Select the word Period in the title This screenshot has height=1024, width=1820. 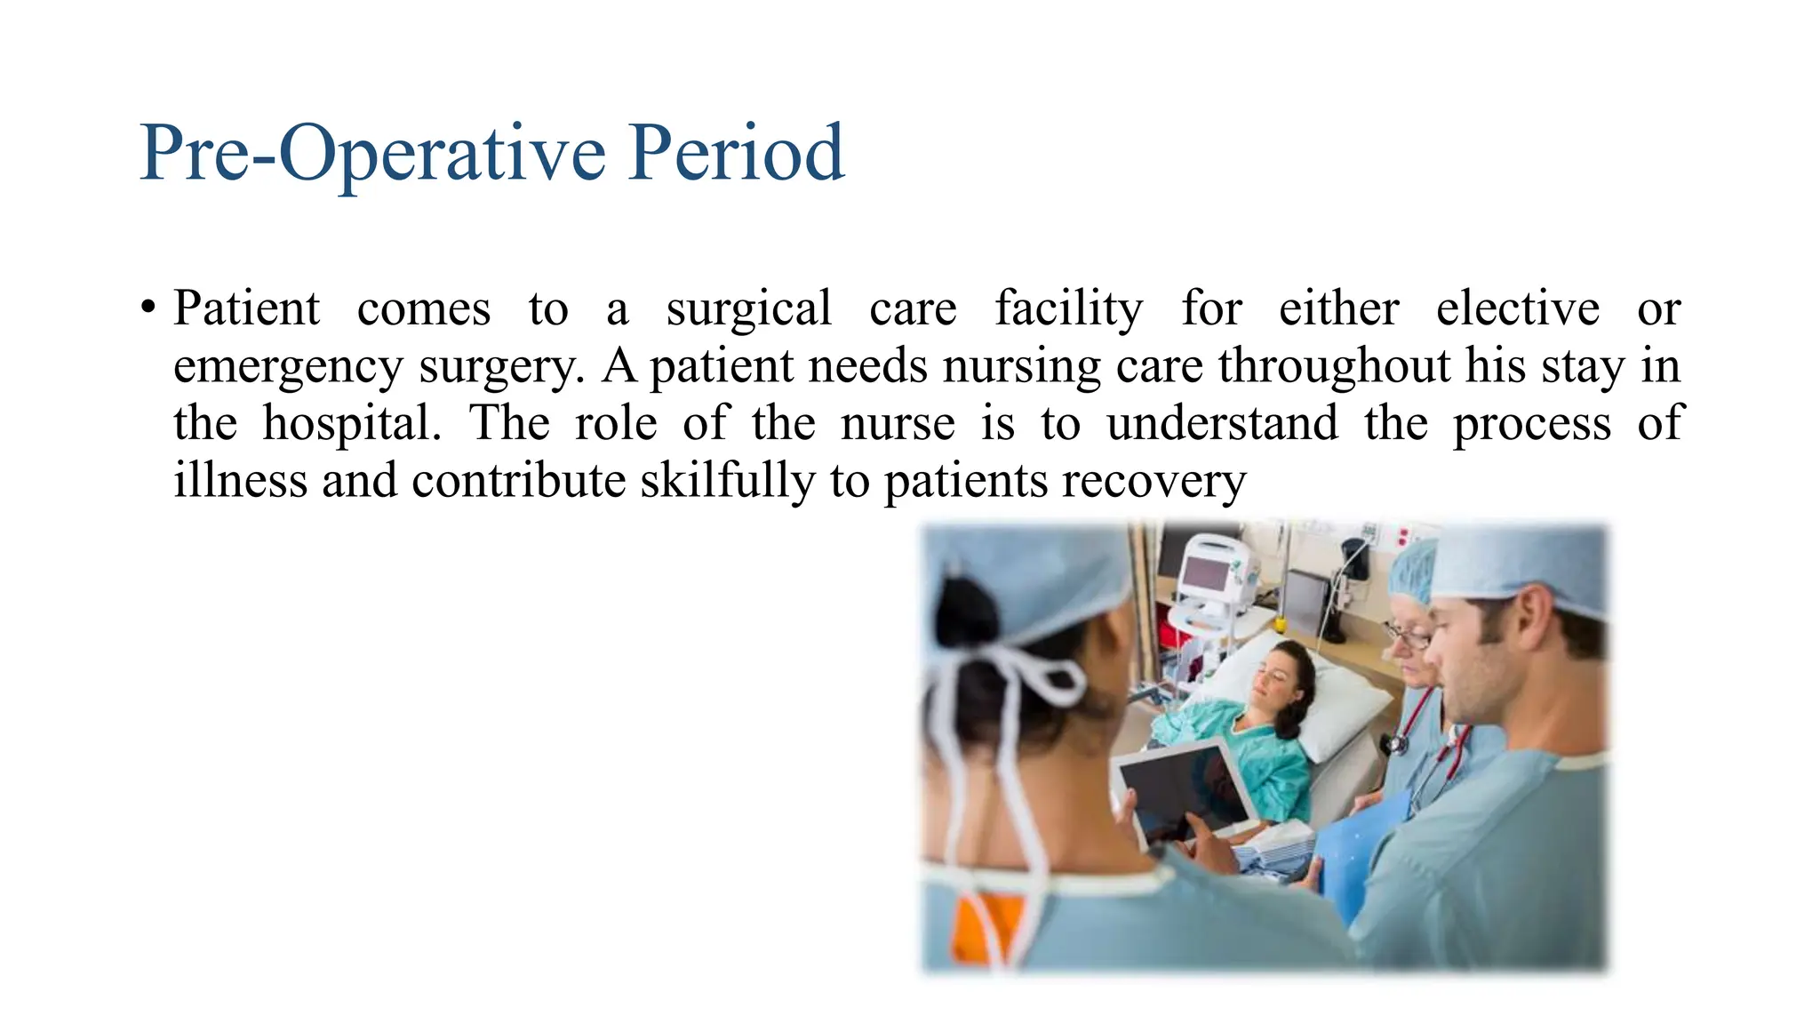click(x=736, y=153)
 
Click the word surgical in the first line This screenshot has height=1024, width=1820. click(x=748, y=309)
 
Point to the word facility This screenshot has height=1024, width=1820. click(x=1068, y=309)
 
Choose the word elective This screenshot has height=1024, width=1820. click(x=1517, y=309)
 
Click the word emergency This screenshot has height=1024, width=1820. click(x=288, y=367)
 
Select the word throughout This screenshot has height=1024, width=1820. click(x=1334, y=365)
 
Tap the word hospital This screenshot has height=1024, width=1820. click(x=351, y=424)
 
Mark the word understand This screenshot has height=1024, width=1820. click(x=1222, y=423)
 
